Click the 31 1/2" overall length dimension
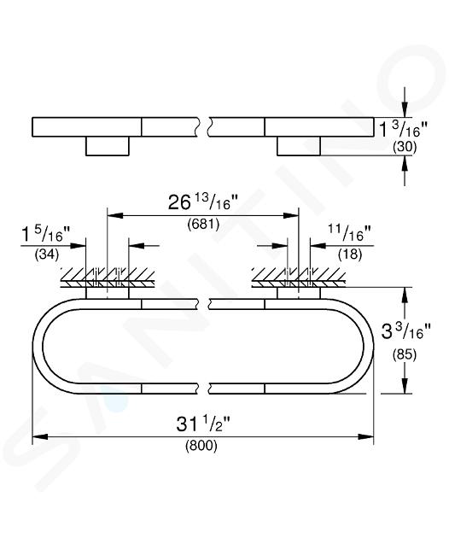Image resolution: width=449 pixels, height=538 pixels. [202, 424]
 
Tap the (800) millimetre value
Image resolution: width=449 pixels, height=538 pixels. [201, 446]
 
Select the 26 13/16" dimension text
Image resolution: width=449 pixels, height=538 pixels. [202, 202]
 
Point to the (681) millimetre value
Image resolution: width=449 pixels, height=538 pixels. [203, 224]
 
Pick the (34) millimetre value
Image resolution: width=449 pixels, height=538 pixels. [47, 254]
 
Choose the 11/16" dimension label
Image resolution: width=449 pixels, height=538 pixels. [350, 233]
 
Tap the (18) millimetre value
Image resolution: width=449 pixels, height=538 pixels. [350, 254]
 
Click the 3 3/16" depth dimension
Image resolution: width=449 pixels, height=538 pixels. [405, 331]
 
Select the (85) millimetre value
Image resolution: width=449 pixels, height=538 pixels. [405, 354]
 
